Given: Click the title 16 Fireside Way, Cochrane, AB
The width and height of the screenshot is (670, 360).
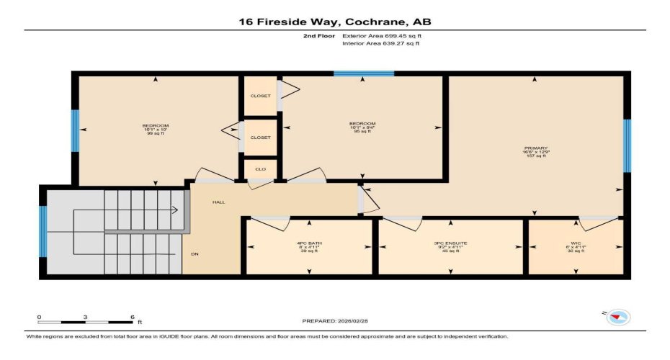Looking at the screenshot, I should pyautogui.click(x=335, y=22).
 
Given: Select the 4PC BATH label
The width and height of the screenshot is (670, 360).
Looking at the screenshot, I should pyautogui.click(x=310, y=243).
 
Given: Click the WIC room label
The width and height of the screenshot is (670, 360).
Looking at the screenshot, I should pyautogui.click(x=575, y=243).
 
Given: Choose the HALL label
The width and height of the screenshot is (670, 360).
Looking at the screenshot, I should pyautogui.click(x=218, y=202).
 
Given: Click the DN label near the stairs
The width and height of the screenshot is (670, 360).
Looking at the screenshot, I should pyautogui.click(x=195, y=254).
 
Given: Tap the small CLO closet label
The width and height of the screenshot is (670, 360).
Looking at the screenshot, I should pyautogui.click(x=260, y=169).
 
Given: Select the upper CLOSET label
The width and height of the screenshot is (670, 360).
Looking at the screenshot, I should pyautogui.click(x=260, y=96).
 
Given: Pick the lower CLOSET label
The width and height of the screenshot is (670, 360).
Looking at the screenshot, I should pyautogui.click(x=260, y=138).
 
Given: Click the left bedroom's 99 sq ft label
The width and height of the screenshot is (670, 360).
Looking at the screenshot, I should pyautogui.click(x=156, y=134).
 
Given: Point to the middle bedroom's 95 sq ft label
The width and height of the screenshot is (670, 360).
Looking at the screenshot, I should pyautogui.click(x=362, y=132).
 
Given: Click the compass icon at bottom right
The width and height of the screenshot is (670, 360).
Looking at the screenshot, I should pyautogui.click(x=618, y=316).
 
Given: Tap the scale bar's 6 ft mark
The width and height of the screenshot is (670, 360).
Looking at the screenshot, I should pyautogui.click(x=131, y=318).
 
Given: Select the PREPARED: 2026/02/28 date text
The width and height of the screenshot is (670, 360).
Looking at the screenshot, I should pyautogui.click(x=335, y=320).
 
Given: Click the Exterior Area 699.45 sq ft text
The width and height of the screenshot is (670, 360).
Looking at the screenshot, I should pyautogui.click(x=381, y=35).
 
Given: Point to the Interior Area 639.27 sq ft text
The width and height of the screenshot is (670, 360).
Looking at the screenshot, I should pyautogui.click(x=380, y=43).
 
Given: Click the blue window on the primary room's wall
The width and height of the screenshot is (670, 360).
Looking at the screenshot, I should pyautogui.click(x=627, y=146).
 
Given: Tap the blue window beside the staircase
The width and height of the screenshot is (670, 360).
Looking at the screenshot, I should pyautogui.click(x=43, y=231).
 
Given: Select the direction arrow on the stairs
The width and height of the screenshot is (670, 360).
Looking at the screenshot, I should pyautogui.click(x=175, y=211).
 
